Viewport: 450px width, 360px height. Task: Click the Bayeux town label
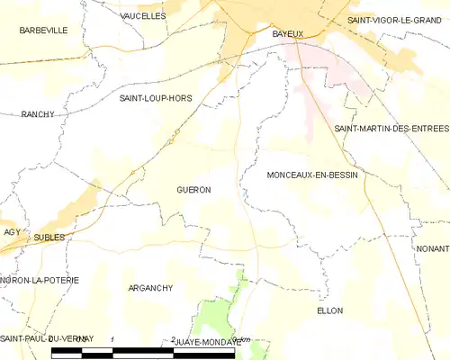(288, 33)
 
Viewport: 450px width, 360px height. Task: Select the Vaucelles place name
(143, 16)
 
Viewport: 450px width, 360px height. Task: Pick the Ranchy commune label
(39, 114)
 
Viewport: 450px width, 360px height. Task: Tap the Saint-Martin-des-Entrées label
(391, 129)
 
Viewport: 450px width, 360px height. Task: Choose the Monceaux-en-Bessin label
(312, 175)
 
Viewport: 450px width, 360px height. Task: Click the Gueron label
(193, 190)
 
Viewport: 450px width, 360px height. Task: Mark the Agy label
(12, 231)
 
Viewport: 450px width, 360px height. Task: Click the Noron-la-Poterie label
(40, 280)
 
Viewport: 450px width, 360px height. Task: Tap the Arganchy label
(150, 288)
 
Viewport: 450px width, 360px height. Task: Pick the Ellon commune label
(330, 310)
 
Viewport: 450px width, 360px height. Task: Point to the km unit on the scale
(241, 339)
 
